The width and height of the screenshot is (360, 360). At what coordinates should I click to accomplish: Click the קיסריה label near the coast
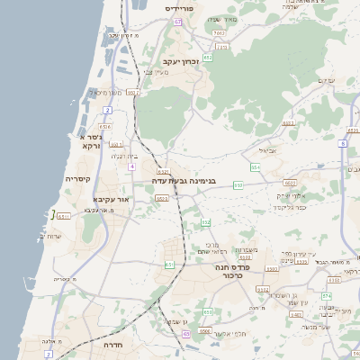tap(76, 179)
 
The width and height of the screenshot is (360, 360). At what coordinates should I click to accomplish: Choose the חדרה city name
tap(113, 344)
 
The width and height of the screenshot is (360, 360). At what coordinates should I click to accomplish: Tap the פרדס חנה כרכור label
tap(233, 270)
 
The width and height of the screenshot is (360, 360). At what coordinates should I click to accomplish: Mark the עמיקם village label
tap(326, 81)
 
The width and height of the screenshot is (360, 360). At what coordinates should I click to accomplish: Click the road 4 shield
tap(131, 166)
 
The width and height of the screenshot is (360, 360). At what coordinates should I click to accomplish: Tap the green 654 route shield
tap(256, 166)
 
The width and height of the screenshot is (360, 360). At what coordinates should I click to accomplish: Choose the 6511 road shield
tap(63, 216)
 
